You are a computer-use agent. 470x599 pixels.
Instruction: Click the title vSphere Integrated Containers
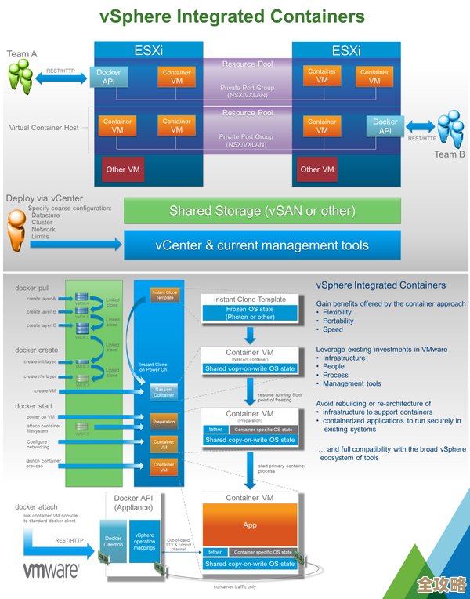(233, 16)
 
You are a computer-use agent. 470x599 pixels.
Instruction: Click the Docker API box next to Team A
(108, 77)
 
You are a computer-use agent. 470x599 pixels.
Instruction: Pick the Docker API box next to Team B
(385, 126)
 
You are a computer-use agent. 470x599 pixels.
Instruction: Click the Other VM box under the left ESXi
(116, 169)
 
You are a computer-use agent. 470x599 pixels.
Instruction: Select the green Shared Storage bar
(262, 211)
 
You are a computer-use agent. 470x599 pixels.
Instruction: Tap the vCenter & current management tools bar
(262, 245)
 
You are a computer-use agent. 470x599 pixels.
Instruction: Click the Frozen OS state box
(251, 314)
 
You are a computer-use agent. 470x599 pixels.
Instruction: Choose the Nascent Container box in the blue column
(164, 392)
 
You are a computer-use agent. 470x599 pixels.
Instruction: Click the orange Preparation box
(164, 422)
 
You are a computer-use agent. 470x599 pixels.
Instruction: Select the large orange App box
(250, 525)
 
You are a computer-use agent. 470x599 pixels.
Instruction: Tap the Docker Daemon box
(114, 539)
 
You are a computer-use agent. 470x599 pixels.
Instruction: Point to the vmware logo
(49, 569)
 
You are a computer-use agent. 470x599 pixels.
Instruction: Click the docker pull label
(32, 288)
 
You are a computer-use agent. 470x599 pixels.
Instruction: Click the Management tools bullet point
(352, 383)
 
